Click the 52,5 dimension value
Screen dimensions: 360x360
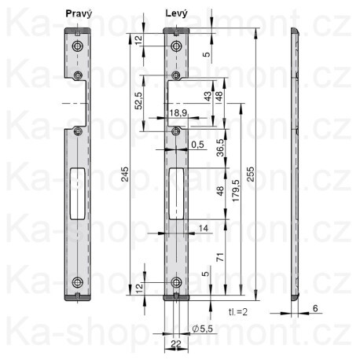click(x=139, y=101)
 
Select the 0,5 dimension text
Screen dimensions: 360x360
click(x=197, y=144)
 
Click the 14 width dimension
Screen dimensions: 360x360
click(x=203, y=227)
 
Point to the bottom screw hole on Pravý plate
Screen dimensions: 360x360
click(x=77, y=283)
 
